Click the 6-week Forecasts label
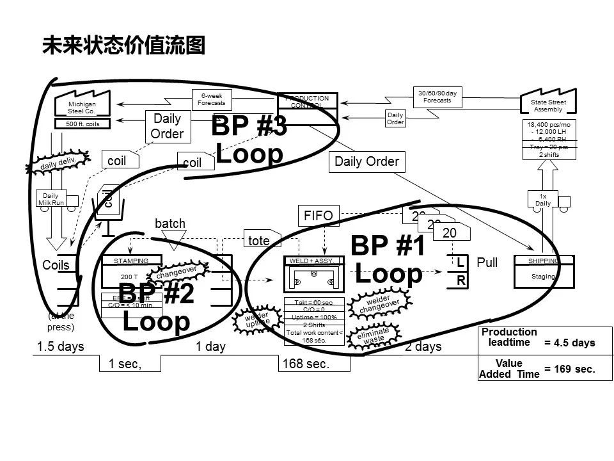(x=211, y=99)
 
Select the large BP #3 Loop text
(x=249, y=140)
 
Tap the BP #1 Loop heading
(x=388, y=259)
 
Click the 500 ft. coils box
(x=82, y=124)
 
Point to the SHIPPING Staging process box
(x=543, y=271)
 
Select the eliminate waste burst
(x=373, y=337)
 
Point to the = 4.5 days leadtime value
(x=569, y=343)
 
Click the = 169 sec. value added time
(x=569, y=369)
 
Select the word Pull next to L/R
(x=487, y=263)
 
